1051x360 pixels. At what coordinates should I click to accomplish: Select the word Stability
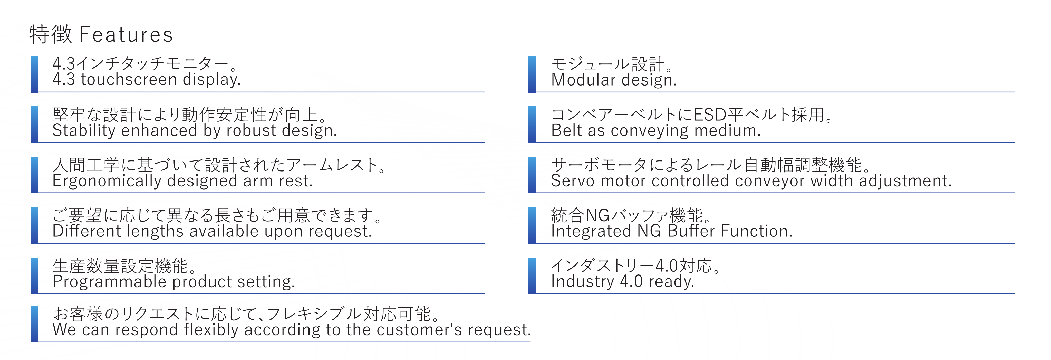click(84, 131)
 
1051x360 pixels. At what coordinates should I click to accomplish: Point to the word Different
click(86, 231)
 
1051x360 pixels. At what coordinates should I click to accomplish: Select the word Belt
click(566, 131)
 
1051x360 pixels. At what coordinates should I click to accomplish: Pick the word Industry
click(582, 282)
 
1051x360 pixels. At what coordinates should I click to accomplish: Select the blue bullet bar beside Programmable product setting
click(35, 276)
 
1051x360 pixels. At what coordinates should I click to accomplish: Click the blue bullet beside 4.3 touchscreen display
click(35, 74)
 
